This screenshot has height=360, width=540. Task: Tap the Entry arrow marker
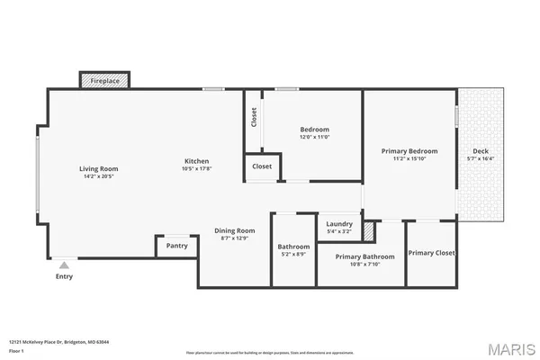coord(63,265)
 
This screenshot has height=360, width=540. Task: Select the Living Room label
coord(98,168)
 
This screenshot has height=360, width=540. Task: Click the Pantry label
coord(176,246)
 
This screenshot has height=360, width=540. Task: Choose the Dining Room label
coord(234,230)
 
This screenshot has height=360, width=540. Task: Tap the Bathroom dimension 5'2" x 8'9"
coord(293,255)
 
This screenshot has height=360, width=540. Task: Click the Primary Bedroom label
coord(409,151)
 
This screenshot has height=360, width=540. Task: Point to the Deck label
coord(481,151)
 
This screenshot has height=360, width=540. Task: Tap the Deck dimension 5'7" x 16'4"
coord(481,159)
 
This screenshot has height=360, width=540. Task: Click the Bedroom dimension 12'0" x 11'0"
coord(314,137)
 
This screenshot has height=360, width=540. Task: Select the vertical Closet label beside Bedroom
coord(254,117)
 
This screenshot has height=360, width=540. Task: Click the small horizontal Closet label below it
coord(262,166)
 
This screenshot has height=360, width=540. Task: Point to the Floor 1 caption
coord(16,350)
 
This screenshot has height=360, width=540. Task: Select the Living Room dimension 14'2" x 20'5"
coord(98,176)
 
